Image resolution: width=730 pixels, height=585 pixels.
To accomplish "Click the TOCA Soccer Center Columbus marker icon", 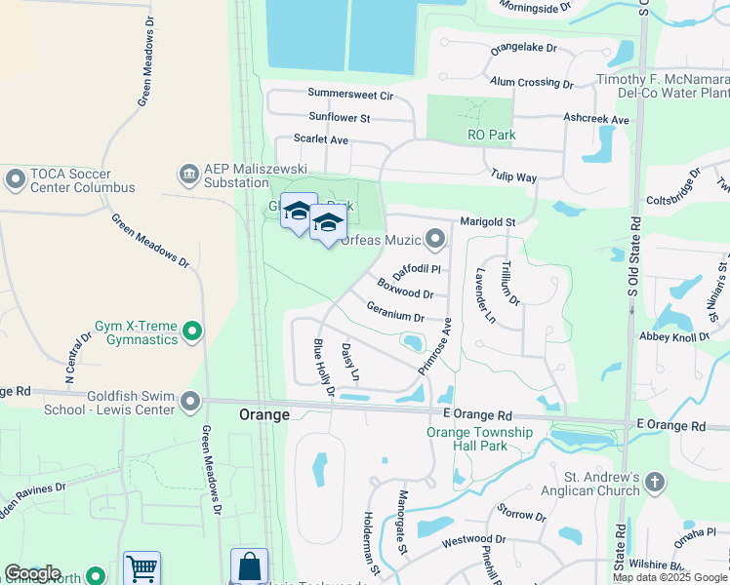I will [x=15, y=179].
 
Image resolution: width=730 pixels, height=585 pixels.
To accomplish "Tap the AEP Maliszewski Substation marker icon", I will [x=187, y=175].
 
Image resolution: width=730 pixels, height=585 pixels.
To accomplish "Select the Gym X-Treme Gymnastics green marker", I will [x=192, y=333].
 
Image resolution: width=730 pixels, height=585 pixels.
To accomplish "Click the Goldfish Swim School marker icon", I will [x=189, y=401].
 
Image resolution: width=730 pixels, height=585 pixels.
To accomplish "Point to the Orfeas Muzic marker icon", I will [x=434, y=239].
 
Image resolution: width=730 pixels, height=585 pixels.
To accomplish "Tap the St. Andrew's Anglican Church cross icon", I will [x=654, y=483].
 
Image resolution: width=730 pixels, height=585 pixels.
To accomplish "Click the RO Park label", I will [x=491, y=135].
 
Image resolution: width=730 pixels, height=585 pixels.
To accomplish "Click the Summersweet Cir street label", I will [x=349, y=95].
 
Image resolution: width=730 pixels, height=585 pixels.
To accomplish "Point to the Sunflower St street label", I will [x=340, y=118].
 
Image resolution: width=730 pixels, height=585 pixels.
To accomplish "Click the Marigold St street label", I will [x=488, y=222].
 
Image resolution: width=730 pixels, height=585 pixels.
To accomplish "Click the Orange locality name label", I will [x=264, y=414].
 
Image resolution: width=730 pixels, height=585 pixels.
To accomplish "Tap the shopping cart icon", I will [x=142, y=568].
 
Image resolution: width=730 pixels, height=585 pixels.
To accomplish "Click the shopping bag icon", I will [x=249, y=566].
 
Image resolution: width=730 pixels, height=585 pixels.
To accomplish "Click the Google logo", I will [x=32, y=573].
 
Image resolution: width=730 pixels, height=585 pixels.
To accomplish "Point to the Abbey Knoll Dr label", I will [x=674, y=337].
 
